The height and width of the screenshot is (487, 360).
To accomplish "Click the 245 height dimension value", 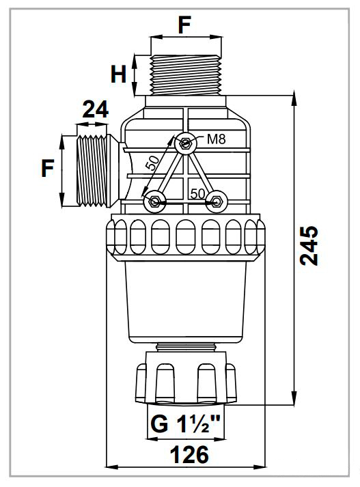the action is (309, 246).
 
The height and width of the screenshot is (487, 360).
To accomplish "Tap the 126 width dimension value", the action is (189, 455).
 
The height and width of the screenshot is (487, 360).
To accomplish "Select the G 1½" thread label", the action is (185, 425).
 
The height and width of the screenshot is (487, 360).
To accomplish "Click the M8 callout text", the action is (216, 139).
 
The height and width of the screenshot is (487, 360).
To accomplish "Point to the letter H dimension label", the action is (118, 74).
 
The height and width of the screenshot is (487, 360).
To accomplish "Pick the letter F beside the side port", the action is (48, 168).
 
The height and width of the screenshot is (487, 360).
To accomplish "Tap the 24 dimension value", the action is (96, 109).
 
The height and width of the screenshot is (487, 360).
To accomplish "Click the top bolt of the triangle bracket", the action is (185, 143).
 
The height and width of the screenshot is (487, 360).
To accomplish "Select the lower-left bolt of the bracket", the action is (154, 202).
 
